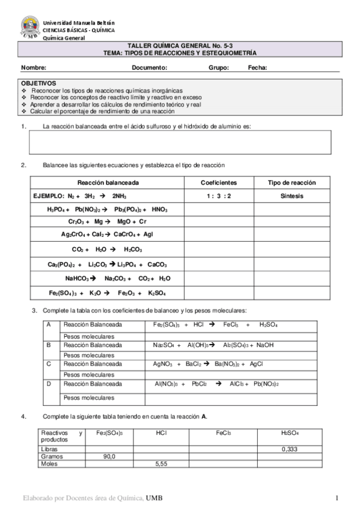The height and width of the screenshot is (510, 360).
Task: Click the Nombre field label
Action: point(34,68)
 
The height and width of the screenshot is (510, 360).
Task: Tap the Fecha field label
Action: point(258,68)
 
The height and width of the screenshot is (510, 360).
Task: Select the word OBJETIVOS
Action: point(38,83)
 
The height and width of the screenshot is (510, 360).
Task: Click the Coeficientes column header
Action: point(218,183)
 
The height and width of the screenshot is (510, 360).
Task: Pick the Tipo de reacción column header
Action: point(291,183)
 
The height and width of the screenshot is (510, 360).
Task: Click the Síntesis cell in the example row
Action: point(291,196)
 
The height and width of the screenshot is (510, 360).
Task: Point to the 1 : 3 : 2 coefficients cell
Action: point(218,196)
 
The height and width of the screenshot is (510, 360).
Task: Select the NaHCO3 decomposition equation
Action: point(118,278)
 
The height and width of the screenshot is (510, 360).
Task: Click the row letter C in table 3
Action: point(49,364)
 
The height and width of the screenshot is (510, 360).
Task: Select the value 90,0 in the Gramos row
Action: point(109,456)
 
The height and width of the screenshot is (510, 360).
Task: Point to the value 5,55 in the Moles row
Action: point(160,464)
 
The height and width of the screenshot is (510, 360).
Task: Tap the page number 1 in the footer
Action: point(338,499)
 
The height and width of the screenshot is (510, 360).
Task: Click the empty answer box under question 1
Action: point(180,143)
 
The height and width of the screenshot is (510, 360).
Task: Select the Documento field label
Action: point(150,68)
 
